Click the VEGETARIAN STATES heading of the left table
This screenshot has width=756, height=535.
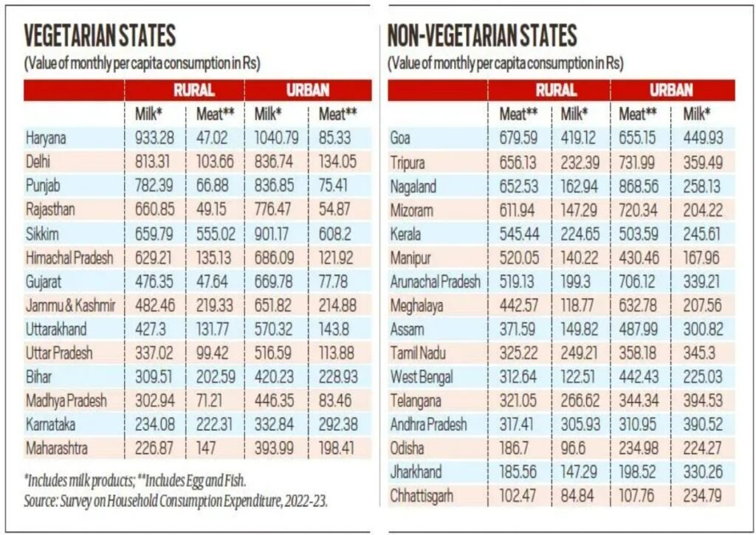100,35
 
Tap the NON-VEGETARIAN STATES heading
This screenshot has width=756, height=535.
482,35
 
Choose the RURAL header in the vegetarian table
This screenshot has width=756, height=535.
193,90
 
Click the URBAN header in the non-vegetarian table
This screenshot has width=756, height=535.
671,90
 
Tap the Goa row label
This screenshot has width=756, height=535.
403,137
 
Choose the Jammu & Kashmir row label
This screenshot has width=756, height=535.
70,305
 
